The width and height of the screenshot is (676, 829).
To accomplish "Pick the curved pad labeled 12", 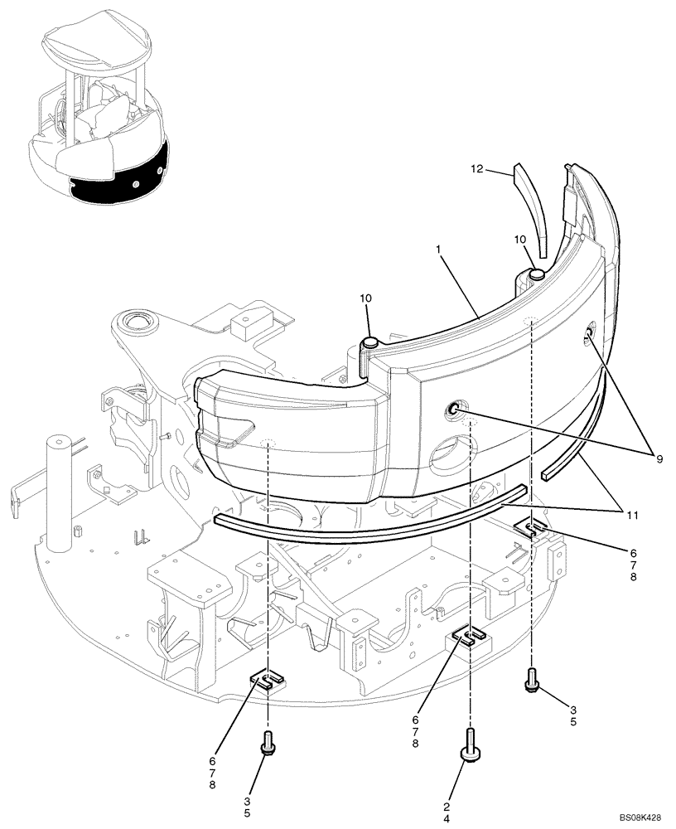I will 530,207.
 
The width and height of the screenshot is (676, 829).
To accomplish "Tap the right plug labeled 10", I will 536,273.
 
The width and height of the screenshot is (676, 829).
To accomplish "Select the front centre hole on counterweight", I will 455,408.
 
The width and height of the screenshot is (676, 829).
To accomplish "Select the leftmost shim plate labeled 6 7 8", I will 267,680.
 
